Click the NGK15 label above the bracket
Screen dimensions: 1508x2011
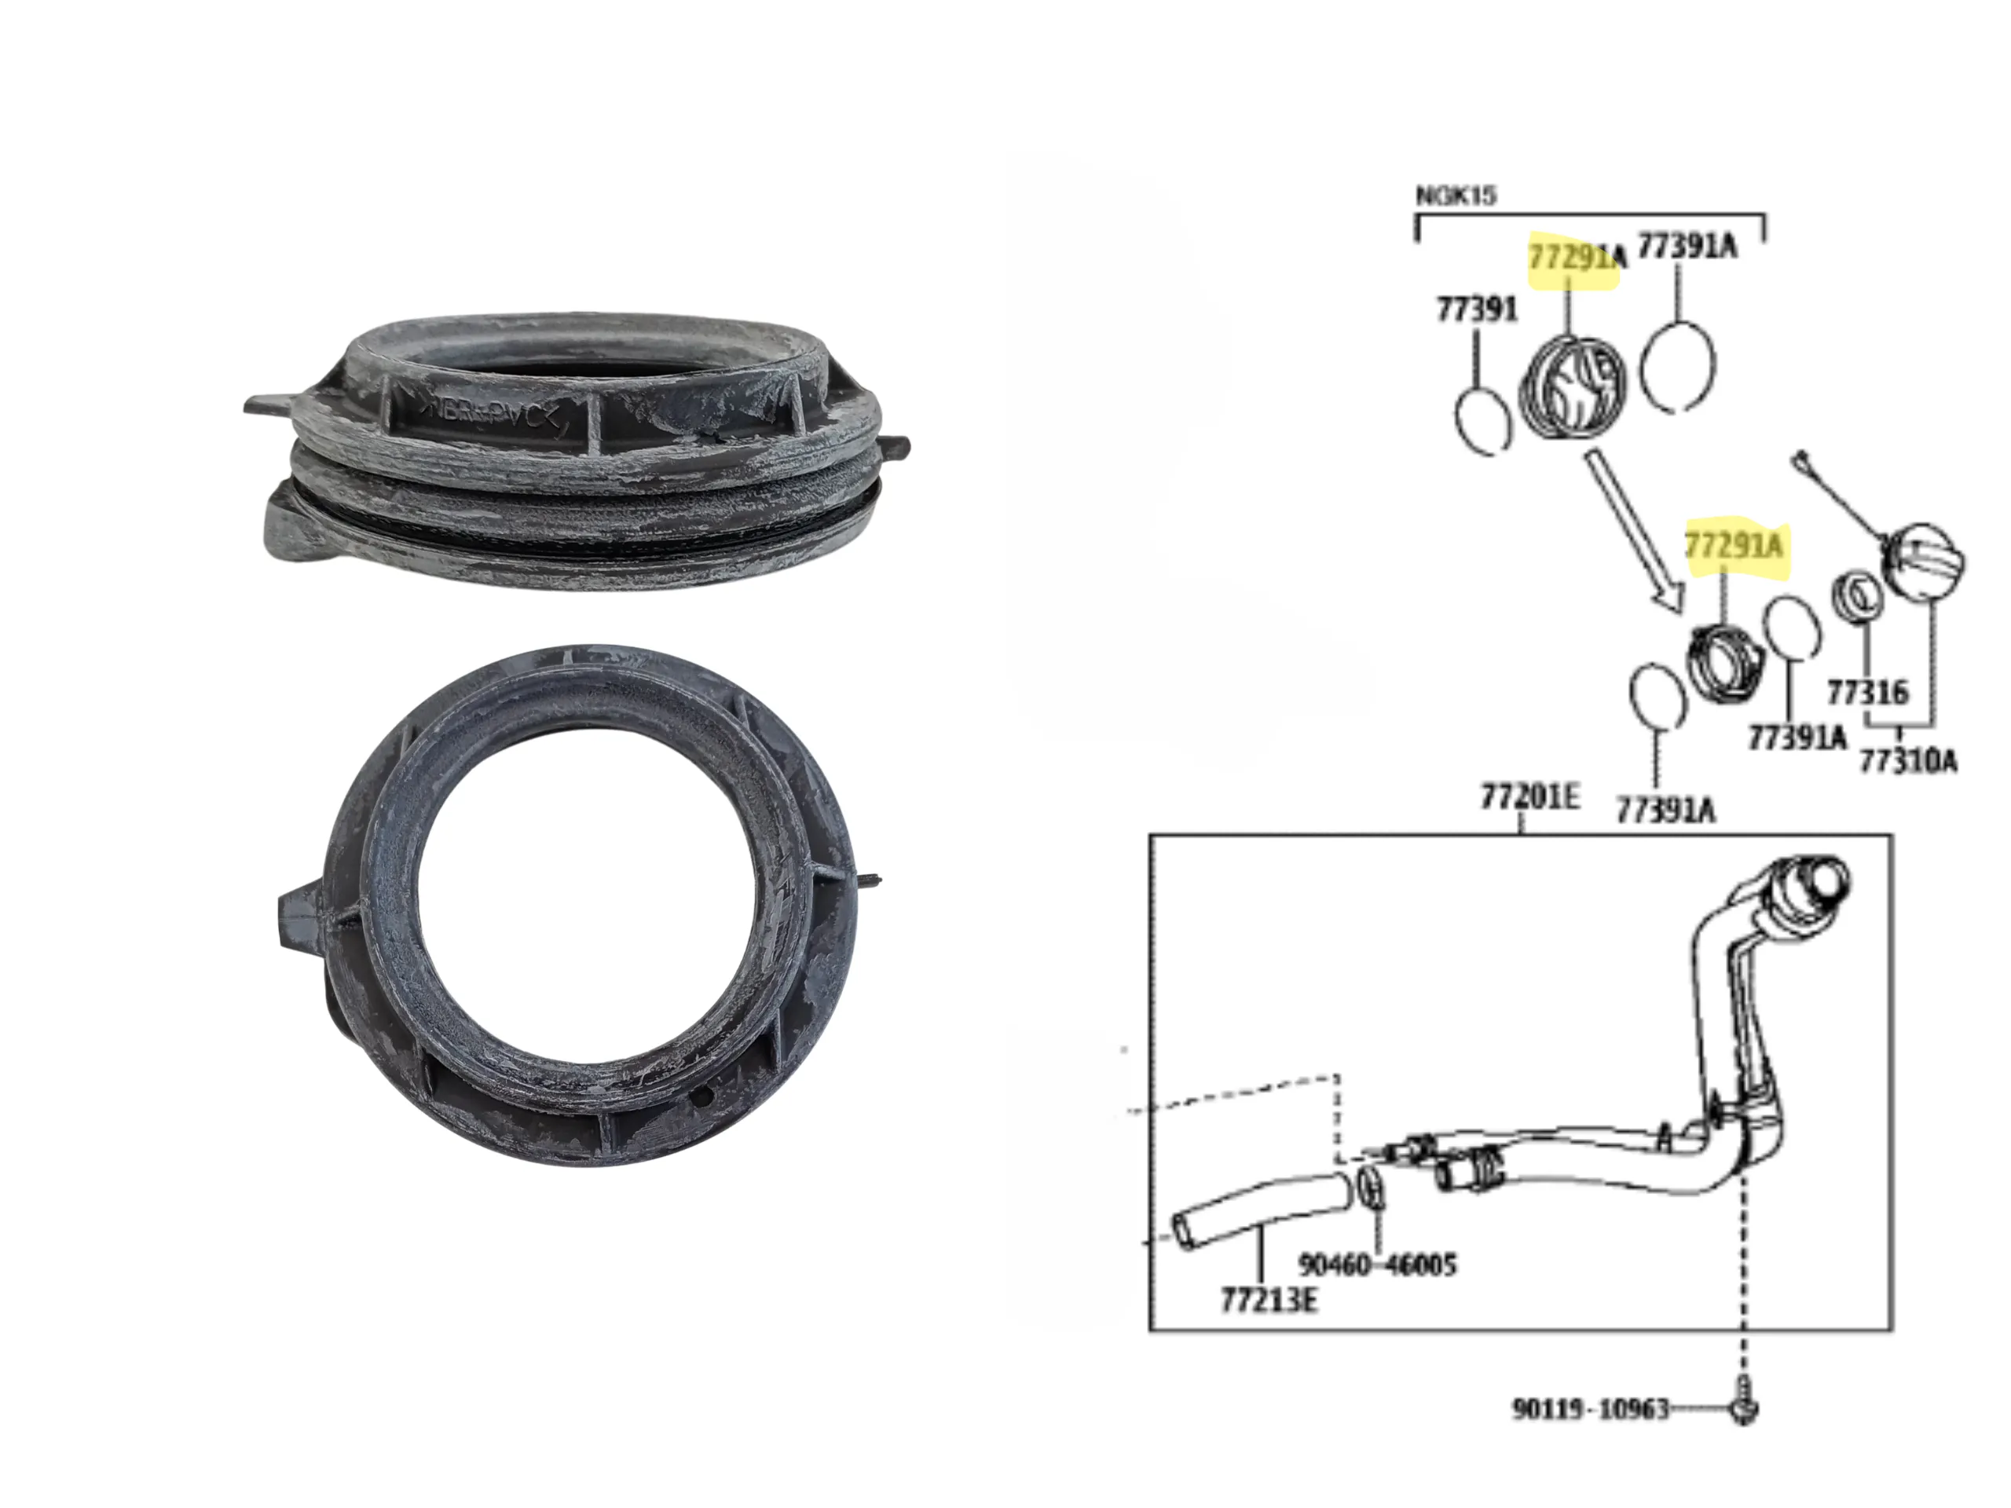tap(1456, 196)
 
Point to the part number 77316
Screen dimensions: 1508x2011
tap(1866, 694)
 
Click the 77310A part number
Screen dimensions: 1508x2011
tap(1907, 760)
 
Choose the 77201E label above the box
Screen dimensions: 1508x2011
tap(1530, 796)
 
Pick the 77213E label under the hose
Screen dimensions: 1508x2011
tap(1268, 1300)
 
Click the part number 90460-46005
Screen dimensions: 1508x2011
tap(1376, 1265)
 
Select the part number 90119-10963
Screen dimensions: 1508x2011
tap(1590, 1409)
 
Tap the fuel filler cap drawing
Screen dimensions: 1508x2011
tap(1925, 562)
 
